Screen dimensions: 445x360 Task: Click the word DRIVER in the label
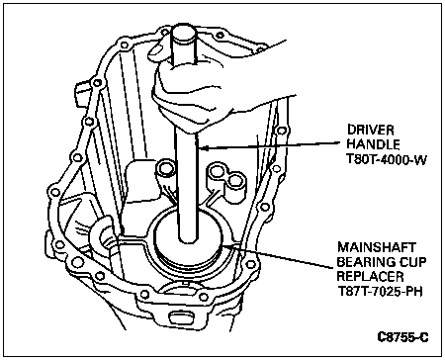(371, 130)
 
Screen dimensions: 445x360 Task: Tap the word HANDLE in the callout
(374, 144)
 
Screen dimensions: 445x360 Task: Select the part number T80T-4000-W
(387, 159)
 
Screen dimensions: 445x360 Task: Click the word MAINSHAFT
(377, 247)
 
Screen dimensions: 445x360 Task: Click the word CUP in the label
(411, 262)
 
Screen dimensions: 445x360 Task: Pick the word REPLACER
(370, 276)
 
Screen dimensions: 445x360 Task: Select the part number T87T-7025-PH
(380, 291)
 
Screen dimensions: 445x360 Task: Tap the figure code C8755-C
(403, 337)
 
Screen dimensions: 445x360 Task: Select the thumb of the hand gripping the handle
(158, 46)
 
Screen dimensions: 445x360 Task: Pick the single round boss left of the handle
(166, 170)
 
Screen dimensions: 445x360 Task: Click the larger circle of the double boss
(217, 171)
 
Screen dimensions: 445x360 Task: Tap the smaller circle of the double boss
(234, 181)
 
